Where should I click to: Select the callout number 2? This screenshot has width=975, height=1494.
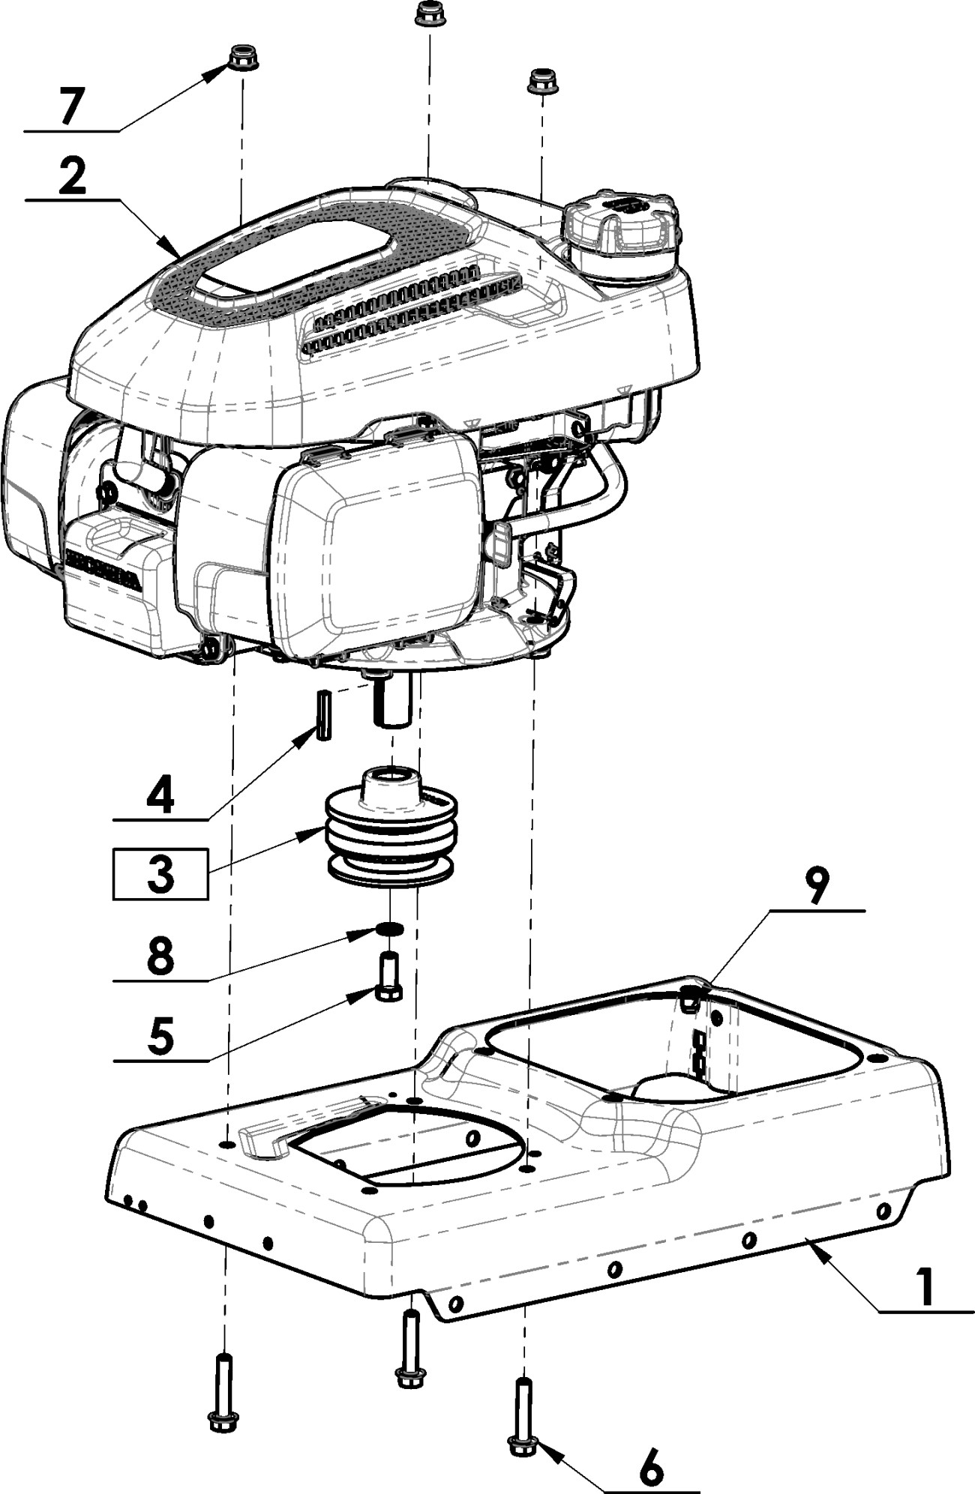pyautogui.click(x=72, y=176)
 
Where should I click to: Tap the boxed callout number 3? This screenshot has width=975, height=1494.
pyautogui.click(x=160, y=873)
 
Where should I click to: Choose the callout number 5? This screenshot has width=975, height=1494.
pyautogui.click(x=160, y=1036)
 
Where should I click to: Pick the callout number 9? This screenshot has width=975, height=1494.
pyautogui.click(x=817, y=887)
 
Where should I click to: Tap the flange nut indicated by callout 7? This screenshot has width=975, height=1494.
pyautogui.click(x=242, y=58)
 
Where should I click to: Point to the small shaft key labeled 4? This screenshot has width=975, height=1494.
pyautogui.click(x=323, y=715)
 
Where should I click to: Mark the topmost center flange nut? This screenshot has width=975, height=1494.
pyautogui.click(x=430, y=14)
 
